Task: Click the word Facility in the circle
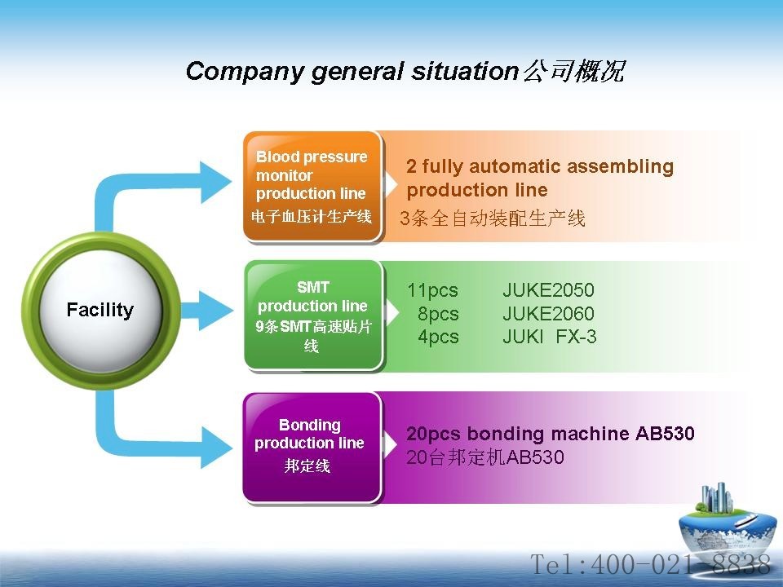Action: [100, 310]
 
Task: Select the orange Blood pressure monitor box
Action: [312, 187]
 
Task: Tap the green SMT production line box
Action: [313, 316]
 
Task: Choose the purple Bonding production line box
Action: [312, 448]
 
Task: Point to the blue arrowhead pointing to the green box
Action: [215, 311]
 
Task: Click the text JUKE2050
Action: [548, 290]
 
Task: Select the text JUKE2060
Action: [548, 313]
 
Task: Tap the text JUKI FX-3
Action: [549, 337]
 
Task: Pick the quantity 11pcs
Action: [432, 290]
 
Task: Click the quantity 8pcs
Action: [438, 314]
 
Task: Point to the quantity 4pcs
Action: [438, 337]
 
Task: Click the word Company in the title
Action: [244, 72]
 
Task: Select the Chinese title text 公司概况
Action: [574, 71]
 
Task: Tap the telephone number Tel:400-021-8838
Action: [650, 564]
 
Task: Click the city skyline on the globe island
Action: [717, 498]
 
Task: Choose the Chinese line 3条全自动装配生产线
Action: [493, 218]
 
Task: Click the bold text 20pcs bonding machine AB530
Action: [551, 433]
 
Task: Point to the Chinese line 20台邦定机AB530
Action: [485, 457]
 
